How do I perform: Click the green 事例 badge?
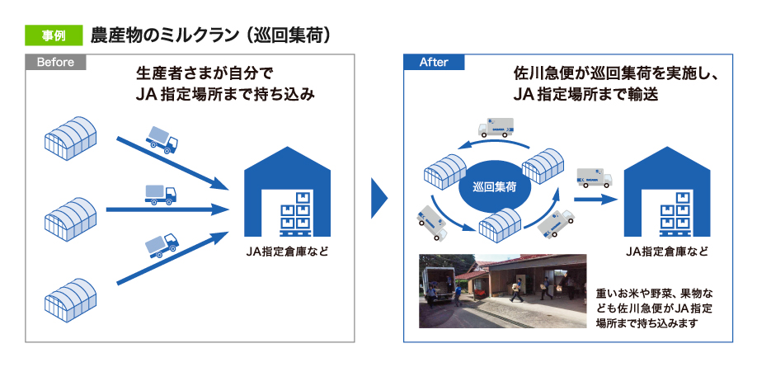tap(53, 36)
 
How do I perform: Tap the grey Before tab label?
tap(55, 62)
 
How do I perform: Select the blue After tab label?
tap(434, 62)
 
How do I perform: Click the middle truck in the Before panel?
tap(160, 195)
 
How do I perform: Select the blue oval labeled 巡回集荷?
tap(495, 188)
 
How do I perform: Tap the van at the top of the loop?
tap(496, 127)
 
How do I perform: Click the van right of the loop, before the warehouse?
tap(591, 179)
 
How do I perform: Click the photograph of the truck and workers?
tap(502, 291)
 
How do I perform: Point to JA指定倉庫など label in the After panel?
tap(666, 251)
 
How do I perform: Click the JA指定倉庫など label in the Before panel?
tap(287, 251)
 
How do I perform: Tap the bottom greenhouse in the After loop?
tap(503, 223)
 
